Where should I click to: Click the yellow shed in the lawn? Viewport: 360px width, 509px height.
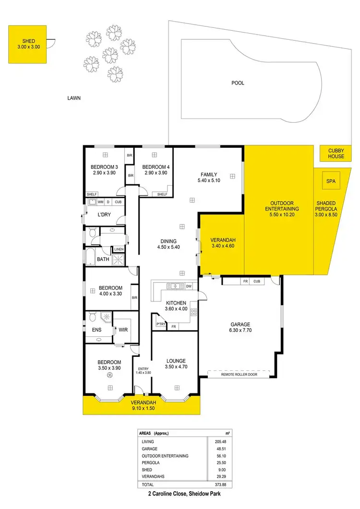pyautogui.click(x=28, y=44)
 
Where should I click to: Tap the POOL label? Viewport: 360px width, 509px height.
pyautogui.click(x=238, y=83)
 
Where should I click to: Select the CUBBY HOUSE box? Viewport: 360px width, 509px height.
pyautogui.click(x=336, y=154)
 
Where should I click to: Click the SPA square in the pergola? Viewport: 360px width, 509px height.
pyautogui.click(x=330, y=182)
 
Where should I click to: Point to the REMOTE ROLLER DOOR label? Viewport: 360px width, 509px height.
pyautogui.click(x=238, y=374)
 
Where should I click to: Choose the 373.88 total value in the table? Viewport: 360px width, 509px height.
pyautogui.click(x=214, y=485)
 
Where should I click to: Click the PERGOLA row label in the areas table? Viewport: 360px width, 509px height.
pyautogui.click(x=151, y=462)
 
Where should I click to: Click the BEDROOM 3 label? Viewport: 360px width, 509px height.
pyautogui.click(x=104, y=167)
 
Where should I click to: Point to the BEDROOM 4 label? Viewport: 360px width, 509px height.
pyautogui.click(x=154, y=167)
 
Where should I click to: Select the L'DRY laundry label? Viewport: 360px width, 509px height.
pyautogui.click(x=104, y=214)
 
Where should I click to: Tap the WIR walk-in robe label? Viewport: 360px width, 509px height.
pyautogui.click(x=122, y=330)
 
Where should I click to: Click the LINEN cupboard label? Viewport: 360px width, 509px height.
pyautogui.click(x=119, y=249)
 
